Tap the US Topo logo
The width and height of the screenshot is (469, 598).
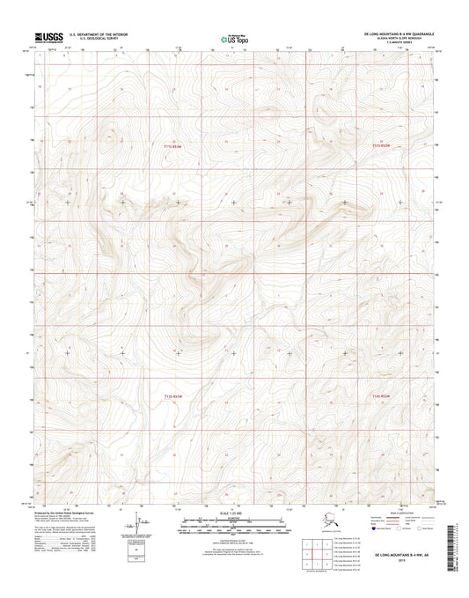tap(234, 39)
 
